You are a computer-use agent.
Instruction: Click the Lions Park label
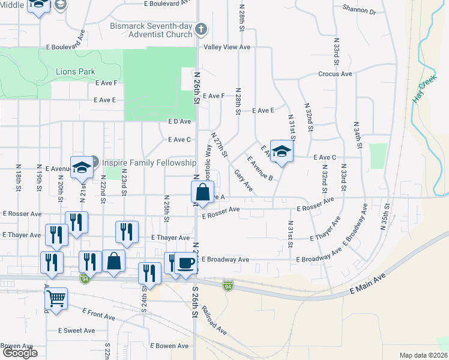[x=75, y=72]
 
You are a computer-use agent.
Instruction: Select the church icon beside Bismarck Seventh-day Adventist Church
[x=202, y=29]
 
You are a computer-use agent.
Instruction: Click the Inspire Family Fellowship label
[x=149, y=163]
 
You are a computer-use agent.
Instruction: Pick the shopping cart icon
[x=56, y=298]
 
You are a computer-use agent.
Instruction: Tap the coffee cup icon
[x=187, y=263]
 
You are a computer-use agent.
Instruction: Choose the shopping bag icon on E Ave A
[x=203, y=193]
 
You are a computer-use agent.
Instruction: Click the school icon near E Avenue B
[x=281, y=151]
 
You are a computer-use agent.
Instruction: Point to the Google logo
[x=20, y=353]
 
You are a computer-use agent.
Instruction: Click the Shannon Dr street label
[x=359, y=10]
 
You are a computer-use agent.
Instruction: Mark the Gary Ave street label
[x=244, y=180]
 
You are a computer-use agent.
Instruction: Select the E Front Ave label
[x=98, y=314]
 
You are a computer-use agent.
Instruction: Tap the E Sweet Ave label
[x=76, y=331]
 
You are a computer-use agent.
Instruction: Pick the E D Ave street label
[x=179, y=121]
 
